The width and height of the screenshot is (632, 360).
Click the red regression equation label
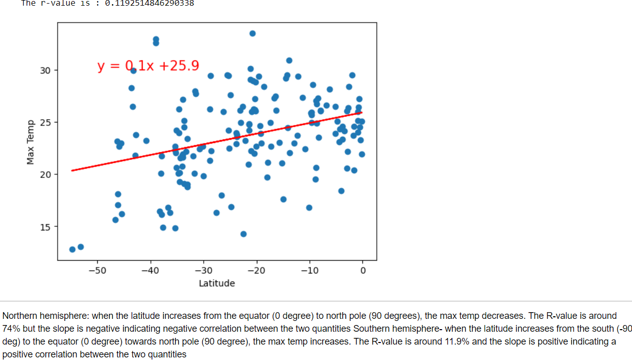pyautogui.click(x=148, y=66)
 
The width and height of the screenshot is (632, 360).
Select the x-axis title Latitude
pyautogui.click(x=217, y=283)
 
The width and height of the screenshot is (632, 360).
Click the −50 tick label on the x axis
pyautogui.click(x=97, y=271)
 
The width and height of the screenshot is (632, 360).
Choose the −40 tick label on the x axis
pyautogui.click(x=150, y=271)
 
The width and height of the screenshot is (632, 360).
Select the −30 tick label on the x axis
pyautogui.click(x=203, y=271)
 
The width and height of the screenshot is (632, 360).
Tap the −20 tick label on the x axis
pyautogui.click(x=256, y=271)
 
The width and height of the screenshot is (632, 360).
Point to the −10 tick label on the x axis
pyautogui.click(x=309, y=271)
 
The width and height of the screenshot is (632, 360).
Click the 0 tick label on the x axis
pyautogui.click(x=362, y=271)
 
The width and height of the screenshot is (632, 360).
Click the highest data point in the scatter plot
pyautogui.click(x=253, y=33)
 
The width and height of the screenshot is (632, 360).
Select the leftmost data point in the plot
pyautogui.click(x=73, y=249)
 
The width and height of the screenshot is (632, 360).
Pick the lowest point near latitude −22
pyautogui.click(x=243, y=234)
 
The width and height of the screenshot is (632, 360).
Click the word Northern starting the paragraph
pyautogui.click(x=19, y=316)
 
